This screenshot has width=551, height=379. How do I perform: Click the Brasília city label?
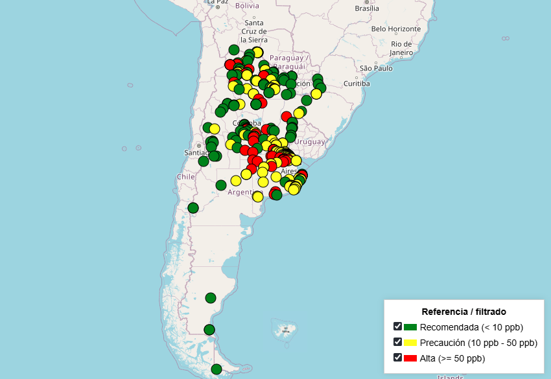coord(366,8)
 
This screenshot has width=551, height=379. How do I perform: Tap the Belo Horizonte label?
coord(395,29)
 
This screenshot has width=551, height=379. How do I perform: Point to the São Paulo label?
coord(376,68)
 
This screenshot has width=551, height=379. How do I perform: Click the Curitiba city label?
coord(357,84)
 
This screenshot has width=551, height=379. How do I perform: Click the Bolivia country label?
coord(247,6)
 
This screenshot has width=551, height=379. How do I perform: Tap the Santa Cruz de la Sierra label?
coord(253,31)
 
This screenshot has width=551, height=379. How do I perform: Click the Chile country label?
coord(185,176)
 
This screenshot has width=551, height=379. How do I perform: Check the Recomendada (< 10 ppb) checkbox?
coord(397,327)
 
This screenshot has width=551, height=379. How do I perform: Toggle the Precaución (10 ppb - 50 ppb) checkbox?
coord(397,342)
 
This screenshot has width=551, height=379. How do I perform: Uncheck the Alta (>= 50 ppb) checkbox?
coord(397,358)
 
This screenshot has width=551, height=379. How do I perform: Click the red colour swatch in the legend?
coord(410,358)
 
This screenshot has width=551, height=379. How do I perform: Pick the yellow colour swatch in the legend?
coord(410,343)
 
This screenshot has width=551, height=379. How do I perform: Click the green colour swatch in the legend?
coord(410,327)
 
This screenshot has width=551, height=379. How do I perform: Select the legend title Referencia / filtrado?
coord(463,312)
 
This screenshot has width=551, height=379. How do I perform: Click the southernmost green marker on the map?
coord(217,369)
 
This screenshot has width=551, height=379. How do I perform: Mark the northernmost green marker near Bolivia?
coord(234,50)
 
